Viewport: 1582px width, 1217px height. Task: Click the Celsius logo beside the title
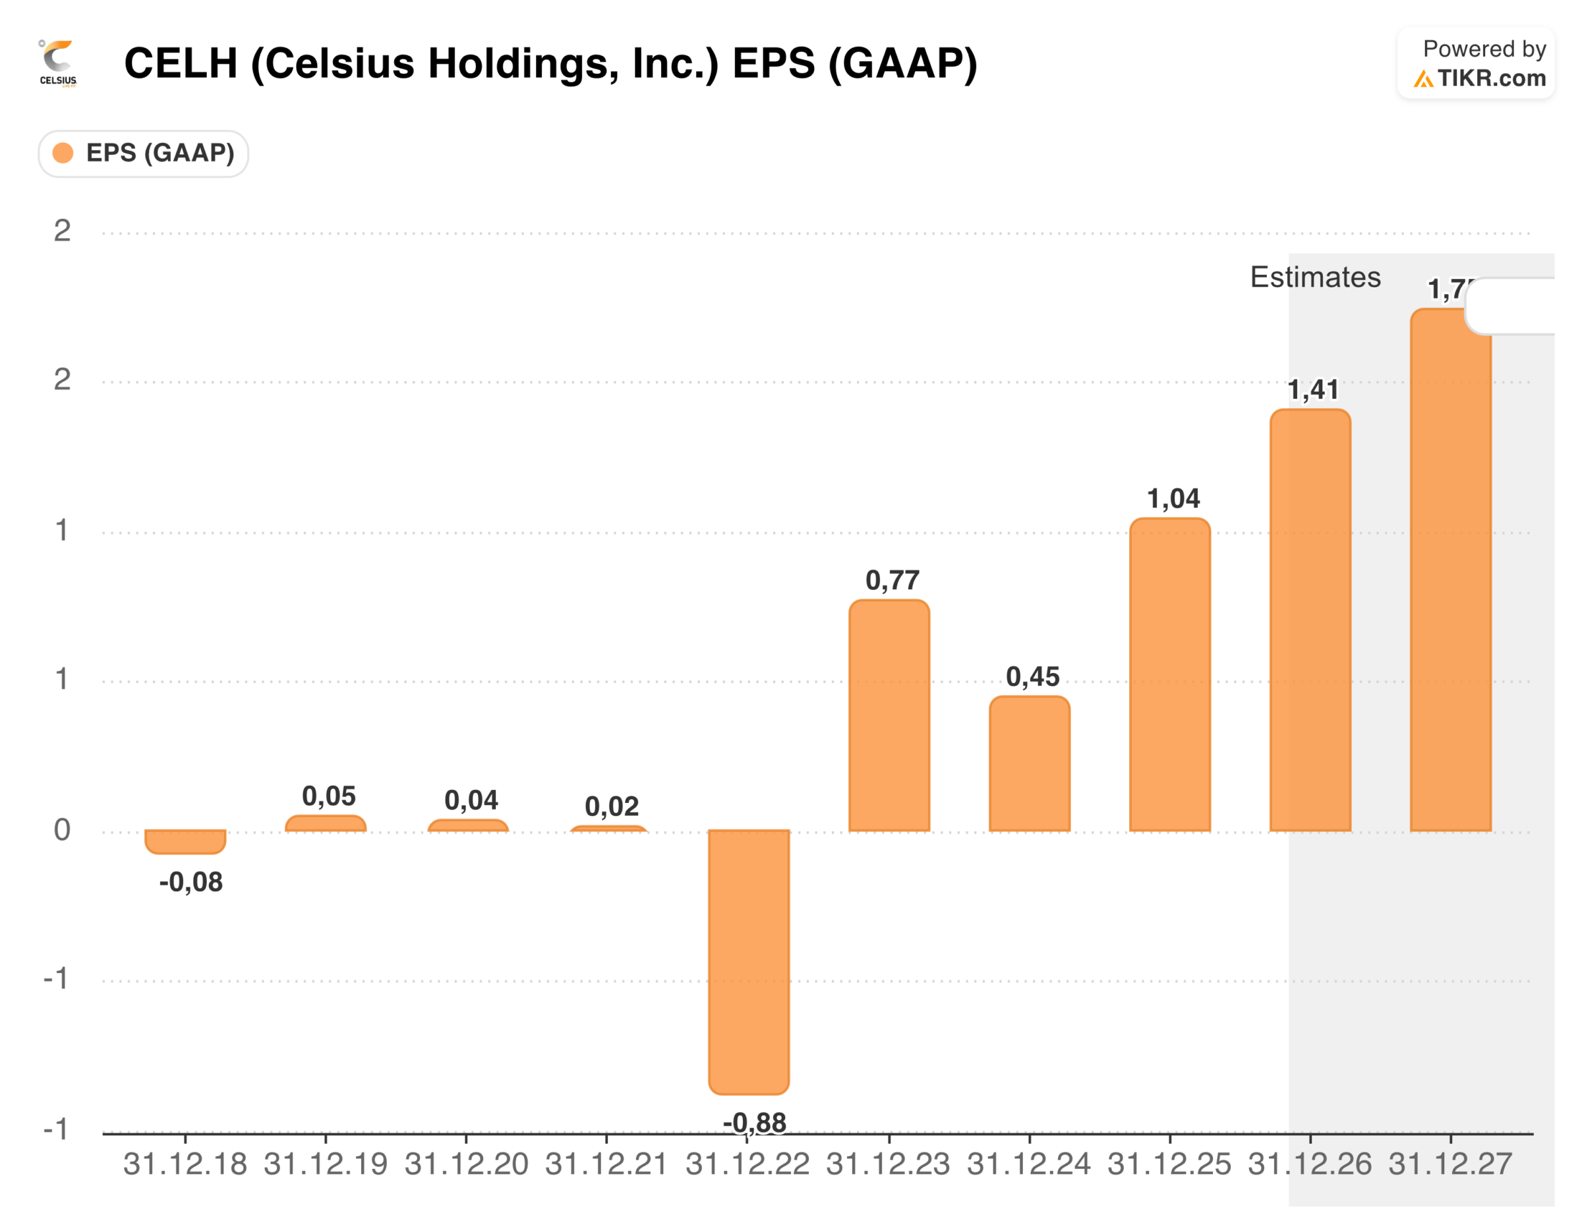[x=58, y=64]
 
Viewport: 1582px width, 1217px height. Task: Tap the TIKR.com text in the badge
[x=1492, y=78]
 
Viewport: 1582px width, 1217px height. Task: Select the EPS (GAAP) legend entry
[x=144, y=154]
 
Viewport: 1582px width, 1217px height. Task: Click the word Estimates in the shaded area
[x=1315, y=278]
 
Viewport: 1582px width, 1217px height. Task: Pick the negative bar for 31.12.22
[x=748, y=961]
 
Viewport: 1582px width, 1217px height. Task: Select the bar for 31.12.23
[x=889, y=716]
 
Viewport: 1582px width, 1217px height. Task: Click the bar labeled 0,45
[x=1030, y=764]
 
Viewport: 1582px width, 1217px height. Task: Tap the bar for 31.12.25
[x=1169, y=674]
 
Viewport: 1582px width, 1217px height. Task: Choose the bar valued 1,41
[x=1310, y=620]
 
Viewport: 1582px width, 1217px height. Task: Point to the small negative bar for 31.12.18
[x=185, y=841]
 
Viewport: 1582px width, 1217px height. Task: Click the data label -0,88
[x=754, y=1122]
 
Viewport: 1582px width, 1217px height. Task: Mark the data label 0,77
[x=893, y=579]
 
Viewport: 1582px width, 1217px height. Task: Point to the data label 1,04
[x=1173, y=498]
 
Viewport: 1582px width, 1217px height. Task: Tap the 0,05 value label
[x=329, y=796]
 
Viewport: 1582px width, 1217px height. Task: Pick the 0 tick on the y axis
[x=63, y=830]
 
